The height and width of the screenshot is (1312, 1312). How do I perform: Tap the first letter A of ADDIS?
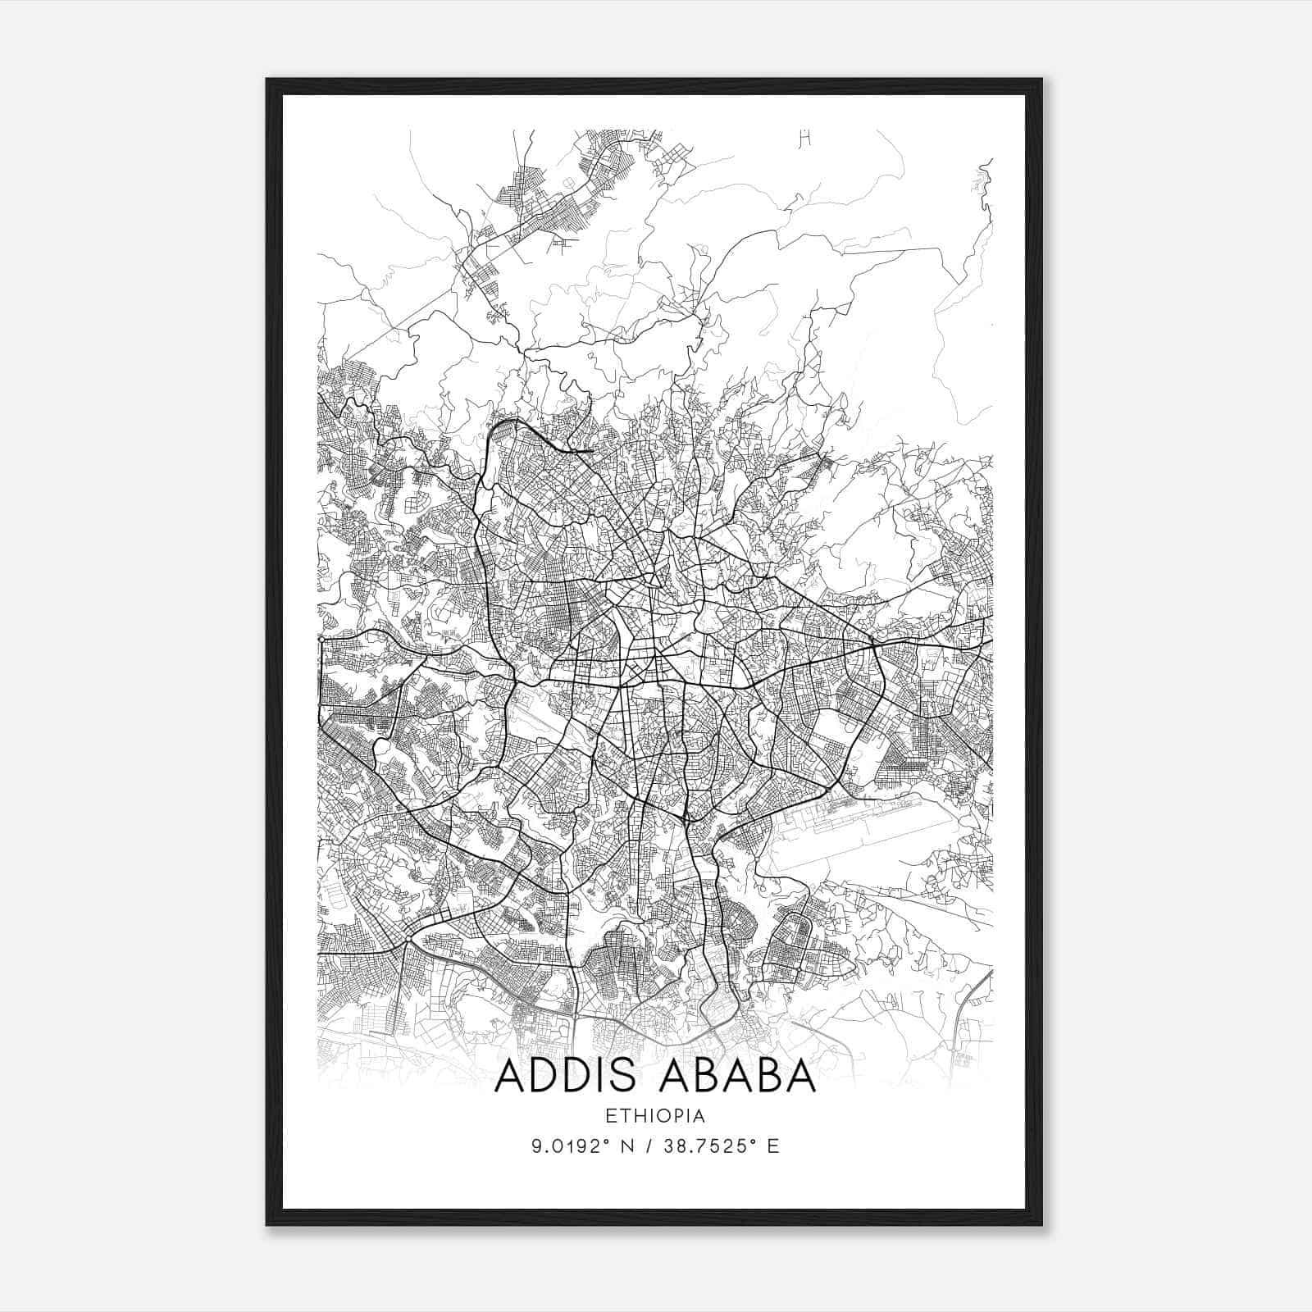510,1076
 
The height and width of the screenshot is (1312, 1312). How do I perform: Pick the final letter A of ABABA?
801,1076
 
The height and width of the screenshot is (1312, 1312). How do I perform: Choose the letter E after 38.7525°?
772,1146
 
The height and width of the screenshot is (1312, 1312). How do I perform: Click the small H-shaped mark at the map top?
804,139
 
